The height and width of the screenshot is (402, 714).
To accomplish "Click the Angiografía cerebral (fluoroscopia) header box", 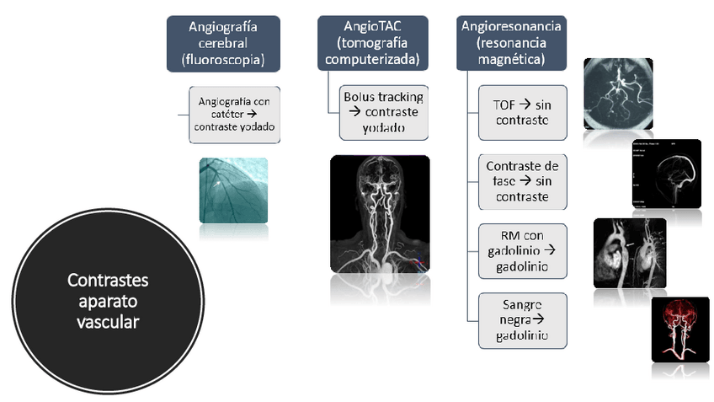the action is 223,44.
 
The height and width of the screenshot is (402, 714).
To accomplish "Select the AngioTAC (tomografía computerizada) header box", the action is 370,44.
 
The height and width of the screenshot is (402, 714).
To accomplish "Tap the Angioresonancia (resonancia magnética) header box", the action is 512,44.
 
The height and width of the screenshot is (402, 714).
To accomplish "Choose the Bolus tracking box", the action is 383,112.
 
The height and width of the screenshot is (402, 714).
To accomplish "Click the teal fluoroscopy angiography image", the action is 233,190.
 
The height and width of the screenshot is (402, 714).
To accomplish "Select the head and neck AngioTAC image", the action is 380,214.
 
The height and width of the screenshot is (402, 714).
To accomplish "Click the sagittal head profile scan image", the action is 666,172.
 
